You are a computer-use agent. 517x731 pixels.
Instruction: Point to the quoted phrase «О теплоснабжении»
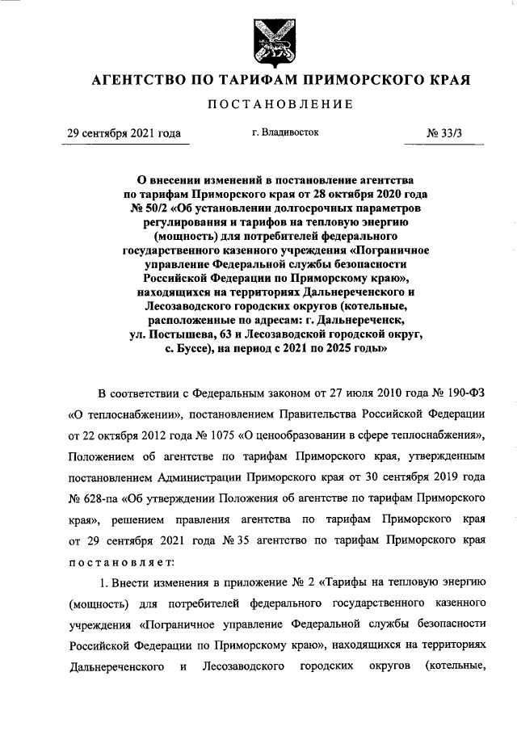tap(113, 414)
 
